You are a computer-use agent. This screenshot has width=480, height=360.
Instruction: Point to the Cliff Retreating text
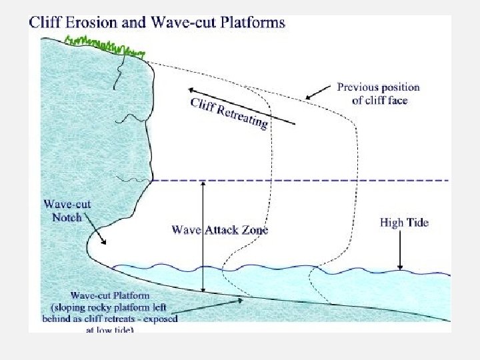pos(229,114)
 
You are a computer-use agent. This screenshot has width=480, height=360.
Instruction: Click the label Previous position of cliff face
pos(379,94)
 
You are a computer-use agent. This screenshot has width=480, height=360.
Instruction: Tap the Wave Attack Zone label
pos(220,230)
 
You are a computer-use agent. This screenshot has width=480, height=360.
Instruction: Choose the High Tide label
pos(404,223)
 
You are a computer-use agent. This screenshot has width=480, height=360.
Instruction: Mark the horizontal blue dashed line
pos(300,181)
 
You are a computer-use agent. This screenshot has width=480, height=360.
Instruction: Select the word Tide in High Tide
pos(416,223)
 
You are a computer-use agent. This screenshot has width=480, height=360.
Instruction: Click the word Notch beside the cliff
pos(67,217)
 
